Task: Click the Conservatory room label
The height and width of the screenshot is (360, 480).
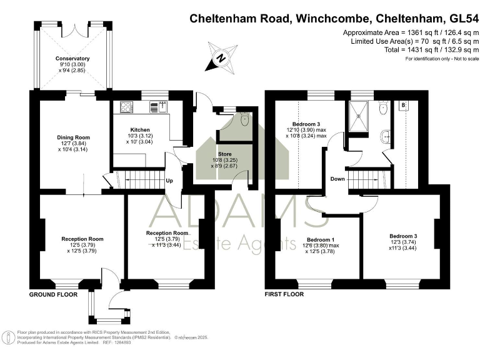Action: pyautogui.click(x=72, y=59)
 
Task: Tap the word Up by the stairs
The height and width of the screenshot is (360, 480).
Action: pyautogui.click(x=169, y=182)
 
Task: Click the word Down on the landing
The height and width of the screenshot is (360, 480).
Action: pyautogui.click(x=337, y=179)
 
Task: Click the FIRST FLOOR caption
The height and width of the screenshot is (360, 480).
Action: pyautogui.click(x=284, y=294)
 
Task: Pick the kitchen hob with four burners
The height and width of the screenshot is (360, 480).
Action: pyautogui.click(x=126, y=107)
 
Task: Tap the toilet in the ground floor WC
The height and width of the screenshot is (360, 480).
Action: pyautogui.click(x=244, y=118)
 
